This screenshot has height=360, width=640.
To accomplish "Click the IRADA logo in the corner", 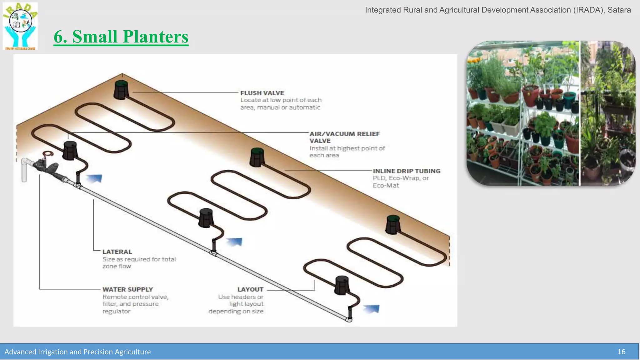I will (20, 26).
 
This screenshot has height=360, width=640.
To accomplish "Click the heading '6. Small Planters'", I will (121, 37).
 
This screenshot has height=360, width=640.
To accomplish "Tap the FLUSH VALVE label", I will (262, 93).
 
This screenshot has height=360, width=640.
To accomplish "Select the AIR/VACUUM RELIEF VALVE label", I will (344, 137).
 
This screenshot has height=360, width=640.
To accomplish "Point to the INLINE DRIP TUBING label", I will (406, 171).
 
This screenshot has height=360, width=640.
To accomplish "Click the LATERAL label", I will (117, 252).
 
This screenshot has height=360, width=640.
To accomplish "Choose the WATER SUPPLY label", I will (127, 289).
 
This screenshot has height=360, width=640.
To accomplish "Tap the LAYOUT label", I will (250, 289).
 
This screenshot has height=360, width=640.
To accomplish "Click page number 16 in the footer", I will (621, 352).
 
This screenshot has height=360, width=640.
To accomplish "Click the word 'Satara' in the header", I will (619, 10).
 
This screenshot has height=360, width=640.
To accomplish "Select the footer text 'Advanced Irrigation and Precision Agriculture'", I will (77, 352).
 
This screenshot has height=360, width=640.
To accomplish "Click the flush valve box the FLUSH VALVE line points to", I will (121, 90).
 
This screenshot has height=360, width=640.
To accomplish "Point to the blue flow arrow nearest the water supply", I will (94, 178).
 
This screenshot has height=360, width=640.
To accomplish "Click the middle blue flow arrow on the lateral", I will (234, 242).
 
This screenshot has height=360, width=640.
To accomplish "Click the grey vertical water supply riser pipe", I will (24, 170).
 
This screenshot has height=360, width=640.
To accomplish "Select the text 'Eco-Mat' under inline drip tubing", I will (386, 185).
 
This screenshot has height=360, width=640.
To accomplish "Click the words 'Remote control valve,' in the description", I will (135, 297).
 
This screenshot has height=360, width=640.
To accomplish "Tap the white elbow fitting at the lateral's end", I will (349, 319).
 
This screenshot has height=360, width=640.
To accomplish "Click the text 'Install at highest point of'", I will (347, 148).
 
